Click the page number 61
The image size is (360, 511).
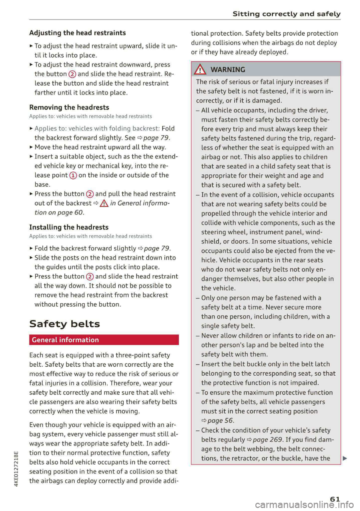[335, 499]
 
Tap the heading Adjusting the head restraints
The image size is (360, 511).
[78, 33]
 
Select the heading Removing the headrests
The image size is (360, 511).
[69, 108]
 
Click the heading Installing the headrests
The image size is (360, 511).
[69, 227]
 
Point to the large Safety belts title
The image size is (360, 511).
[64, 324]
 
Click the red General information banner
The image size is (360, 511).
[104, 340]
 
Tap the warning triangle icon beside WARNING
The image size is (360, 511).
[200, 69]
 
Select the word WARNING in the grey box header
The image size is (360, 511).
[228, 70]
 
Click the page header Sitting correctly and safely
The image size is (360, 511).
[286, 14]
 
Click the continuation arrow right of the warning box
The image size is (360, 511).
[345, 458]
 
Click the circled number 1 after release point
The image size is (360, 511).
[73, 175]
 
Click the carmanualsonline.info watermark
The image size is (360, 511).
[304, 505]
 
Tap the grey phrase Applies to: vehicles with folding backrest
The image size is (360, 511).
[97, 129]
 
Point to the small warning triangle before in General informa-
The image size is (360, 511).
[104, 203]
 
